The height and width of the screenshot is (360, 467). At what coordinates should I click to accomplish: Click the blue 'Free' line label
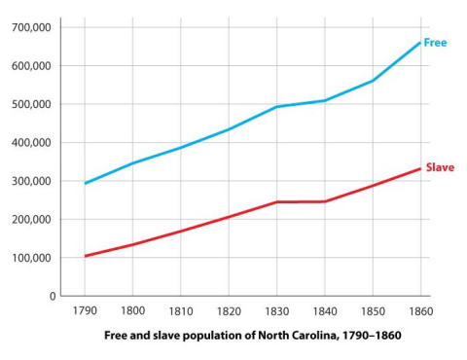pos(435,43)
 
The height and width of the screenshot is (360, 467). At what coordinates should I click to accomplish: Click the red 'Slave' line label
pos(440,167)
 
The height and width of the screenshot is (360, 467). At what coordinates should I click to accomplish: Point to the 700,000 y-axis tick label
pos(31,27)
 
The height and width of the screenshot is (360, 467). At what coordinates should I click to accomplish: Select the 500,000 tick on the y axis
pos(31,104)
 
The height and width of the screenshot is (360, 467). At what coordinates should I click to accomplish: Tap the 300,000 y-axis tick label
pos(31,181)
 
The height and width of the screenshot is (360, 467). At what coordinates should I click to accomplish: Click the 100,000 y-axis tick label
pos(31,258)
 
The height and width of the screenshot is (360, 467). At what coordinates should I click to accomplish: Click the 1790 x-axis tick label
pos(86,312)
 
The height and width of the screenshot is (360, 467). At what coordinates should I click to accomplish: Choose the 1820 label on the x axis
pos(229,312)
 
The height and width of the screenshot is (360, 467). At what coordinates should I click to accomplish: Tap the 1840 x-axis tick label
pos(324,312)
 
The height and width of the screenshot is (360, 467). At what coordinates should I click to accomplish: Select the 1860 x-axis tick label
pos(419,312)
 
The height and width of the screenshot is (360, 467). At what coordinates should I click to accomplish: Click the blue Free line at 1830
pos(276,107)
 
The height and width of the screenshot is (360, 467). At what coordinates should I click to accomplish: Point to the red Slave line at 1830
pos(276,202)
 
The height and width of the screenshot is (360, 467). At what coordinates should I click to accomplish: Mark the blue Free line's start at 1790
pos(86,183)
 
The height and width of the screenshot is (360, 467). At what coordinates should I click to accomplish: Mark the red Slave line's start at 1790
pos(86,256)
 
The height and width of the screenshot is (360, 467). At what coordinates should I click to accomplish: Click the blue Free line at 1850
pos(372,81)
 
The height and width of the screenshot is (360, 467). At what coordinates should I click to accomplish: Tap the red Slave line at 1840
pos(324,201)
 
